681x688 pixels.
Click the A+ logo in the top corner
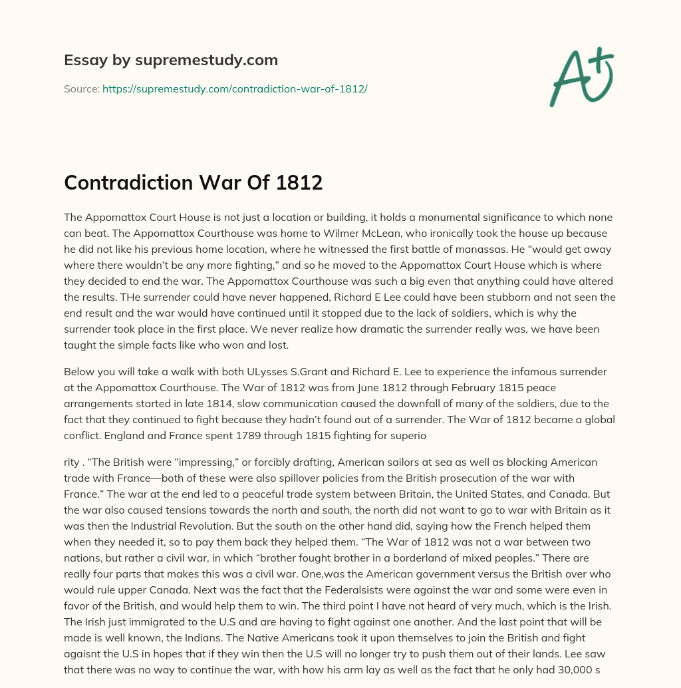(581, 77)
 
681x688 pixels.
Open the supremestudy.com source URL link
(235, 88)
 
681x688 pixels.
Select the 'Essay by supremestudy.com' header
(171, 61)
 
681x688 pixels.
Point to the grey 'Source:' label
(81, 88)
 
